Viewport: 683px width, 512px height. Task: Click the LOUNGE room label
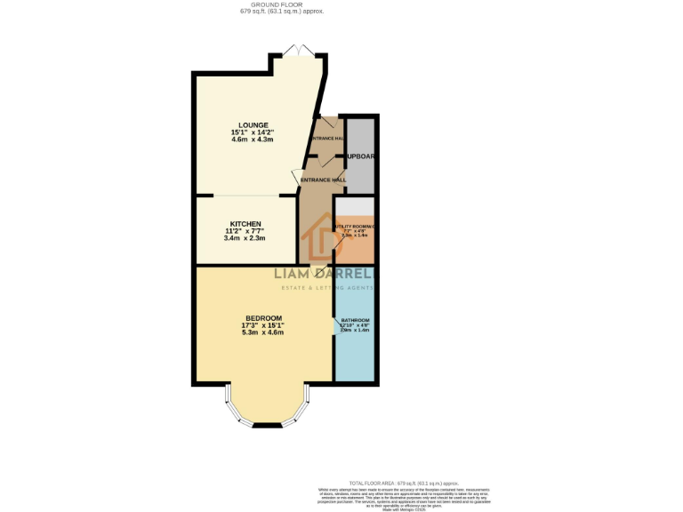[253, 124]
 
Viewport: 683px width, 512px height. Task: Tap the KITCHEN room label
[245, 223]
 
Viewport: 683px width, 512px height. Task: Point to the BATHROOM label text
[355, 320]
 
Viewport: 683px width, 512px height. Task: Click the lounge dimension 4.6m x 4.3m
[253, 140]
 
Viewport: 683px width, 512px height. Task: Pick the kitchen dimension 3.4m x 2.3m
[245, 238]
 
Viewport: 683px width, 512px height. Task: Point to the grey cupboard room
[359, 155]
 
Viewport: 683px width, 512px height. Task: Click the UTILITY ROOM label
[355, 227]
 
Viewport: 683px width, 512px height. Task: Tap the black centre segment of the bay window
[267, 426]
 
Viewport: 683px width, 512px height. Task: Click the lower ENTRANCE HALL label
[322, 180]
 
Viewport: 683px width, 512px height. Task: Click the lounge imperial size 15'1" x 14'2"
[253, 132]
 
